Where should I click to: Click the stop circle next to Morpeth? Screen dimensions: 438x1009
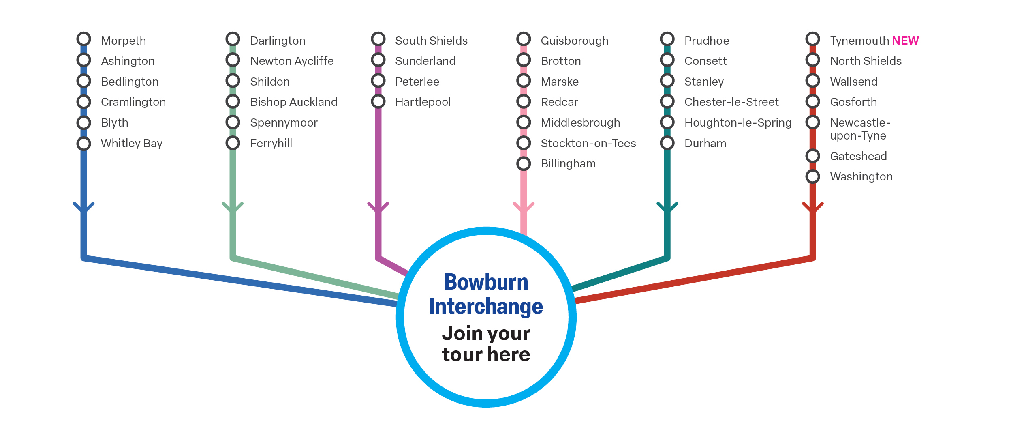[83, 39]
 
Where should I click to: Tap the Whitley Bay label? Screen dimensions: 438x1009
[131, 143]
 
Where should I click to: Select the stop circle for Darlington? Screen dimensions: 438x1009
[233, 39]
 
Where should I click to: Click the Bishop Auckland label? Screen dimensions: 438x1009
[293, 102]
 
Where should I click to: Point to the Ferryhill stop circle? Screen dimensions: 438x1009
[233, 143]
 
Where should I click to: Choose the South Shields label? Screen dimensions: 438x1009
[431, 41]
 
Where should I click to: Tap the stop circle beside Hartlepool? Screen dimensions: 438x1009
[378, 101]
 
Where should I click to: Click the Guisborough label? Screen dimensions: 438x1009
[574, 41]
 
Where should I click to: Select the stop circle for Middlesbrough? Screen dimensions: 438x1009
[524, 122]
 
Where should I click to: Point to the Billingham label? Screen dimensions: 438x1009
[568, 163]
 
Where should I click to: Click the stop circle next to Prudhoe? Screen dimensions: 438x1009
[667, 39]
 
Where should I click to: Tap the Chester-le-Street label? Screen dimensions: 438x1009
[731, 102]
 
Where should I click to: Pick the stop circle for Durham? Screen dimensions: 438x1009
[667, 143]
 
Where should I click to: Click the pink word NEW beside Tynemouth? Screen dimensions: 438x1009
[905, 41]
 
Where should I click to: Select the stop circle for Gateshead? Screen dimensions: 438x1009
[812, 156]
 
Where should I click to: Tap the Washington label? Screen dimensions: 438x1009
[861, 176]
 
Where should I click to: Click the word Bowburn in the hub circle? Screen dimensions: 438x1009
[486, 282]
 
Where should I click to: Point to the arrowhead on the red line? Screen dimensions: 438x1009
[812, 207]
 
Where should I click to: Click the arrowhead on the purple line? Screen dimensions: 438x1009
[378, 207]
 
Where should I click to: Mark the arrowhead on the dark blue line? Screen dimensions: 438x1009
[83, 207]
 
